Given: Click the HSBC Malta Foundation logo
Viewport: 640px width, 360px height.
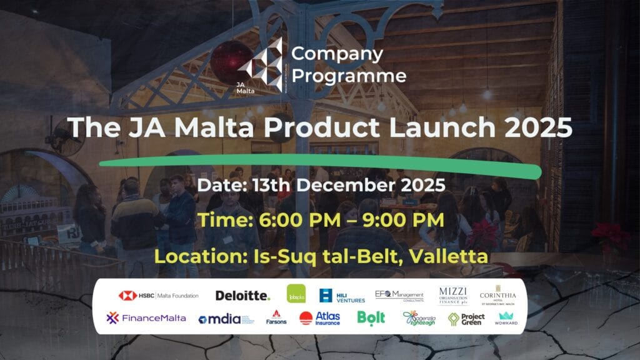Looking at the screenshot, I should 158,296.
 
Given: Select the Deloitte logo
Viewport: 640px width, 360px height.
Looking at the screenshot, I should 242,296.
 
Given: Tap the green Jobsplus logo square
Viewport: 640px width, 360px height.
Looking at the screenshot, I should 296,294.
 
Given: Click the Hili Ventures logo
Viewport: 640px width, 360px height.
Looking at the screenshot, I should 342,296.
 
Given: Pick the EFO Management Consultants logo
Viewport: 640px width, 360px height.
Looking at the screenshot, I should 399,295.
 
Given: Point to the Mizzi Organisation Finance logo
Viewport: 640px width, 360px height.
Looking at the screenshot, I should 452,295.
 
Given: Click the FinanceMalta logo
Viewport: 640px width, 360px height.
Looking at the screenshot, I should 146,317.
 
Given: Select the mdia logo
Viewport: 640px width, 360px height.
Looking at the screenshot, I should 226,319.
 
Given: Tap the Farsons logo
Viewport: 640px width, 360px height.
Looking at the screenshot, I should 276,318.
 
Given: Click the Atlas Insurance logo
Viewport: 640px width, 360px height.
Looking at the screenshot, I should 319,318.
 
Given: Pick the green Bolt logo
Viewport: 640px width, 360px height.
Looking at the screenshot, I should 371,318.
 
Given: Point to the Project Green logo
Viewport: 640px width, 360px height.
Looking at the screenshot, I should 466,319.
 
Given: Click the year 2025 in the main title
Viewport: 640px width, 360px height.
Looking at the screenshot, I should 539,127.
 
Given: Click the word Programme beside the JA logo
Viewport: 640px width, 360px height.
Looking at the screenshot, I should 349,76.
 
